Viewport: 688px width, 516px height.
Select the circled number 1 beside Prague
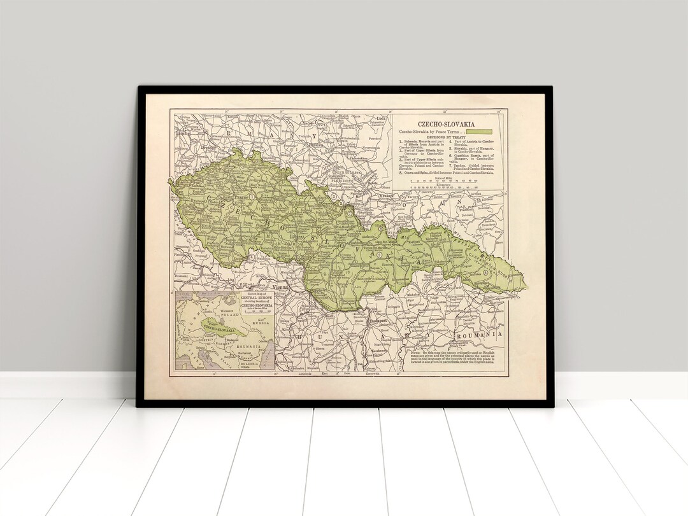(x=252, y=197)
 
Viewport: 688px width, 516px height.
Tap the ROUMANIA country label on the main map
(x=479, y=334)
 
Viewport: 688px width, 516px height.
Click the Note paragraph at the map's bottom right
(x=452, y=358)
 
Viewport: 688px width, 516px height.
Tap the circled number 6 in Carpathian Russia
(x=486, y=272)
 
